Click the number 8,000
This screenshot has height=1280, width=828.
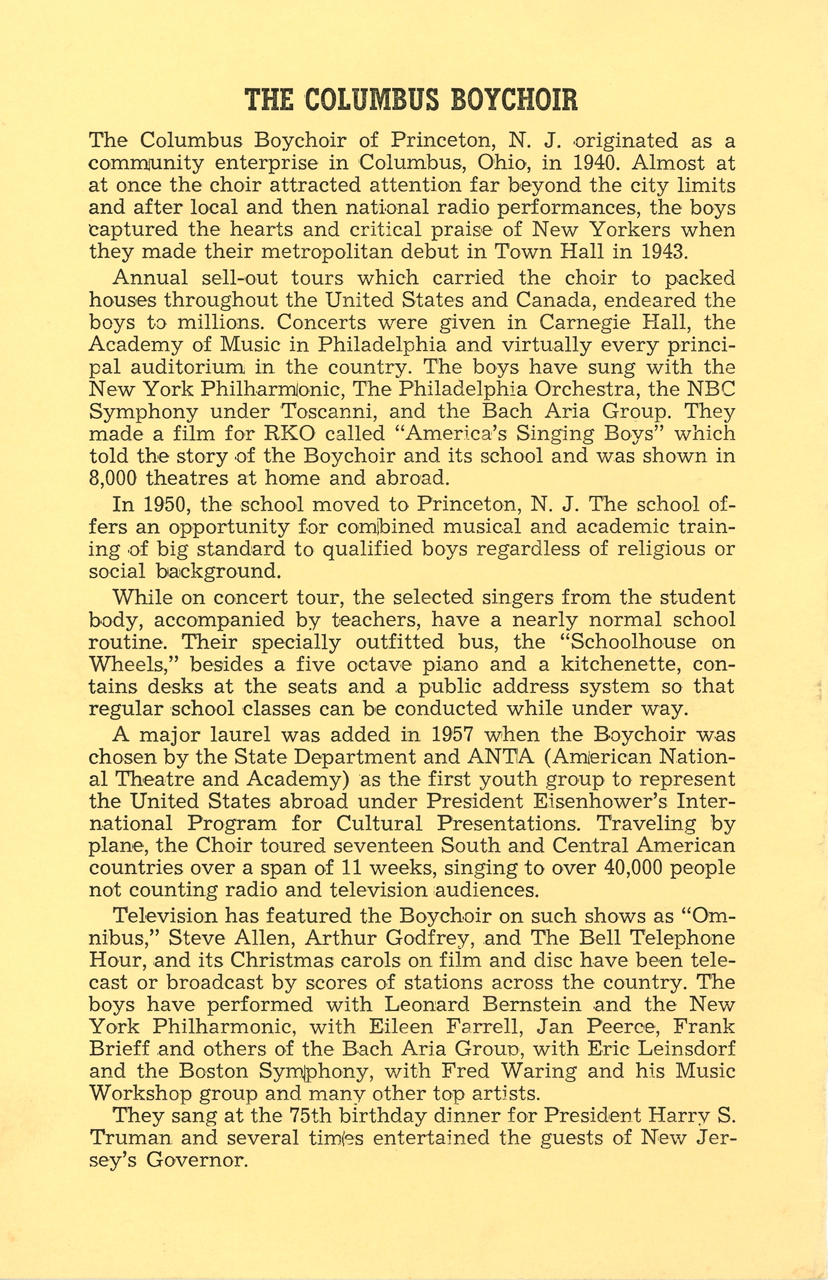[113, 478]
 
